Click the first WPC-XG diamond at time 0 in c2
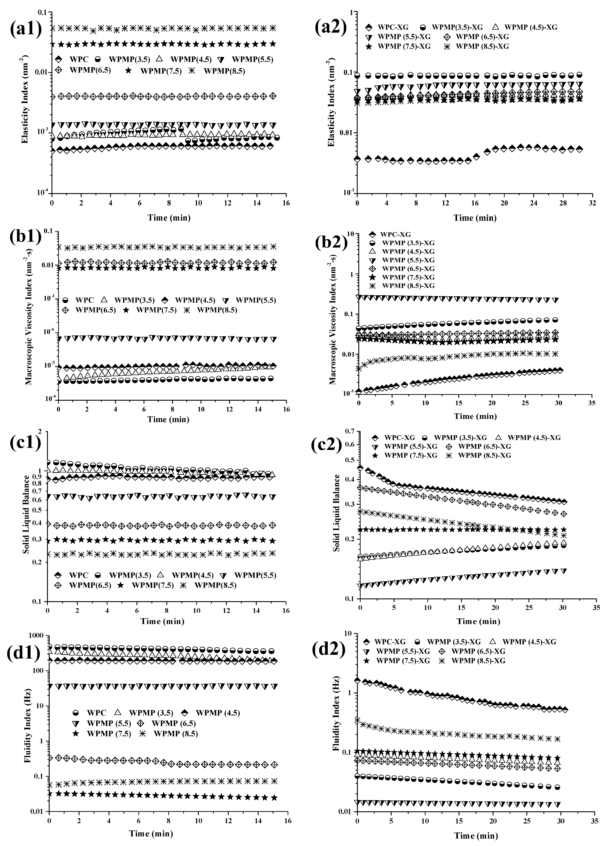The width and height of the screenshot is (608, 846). coord(360,467)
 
